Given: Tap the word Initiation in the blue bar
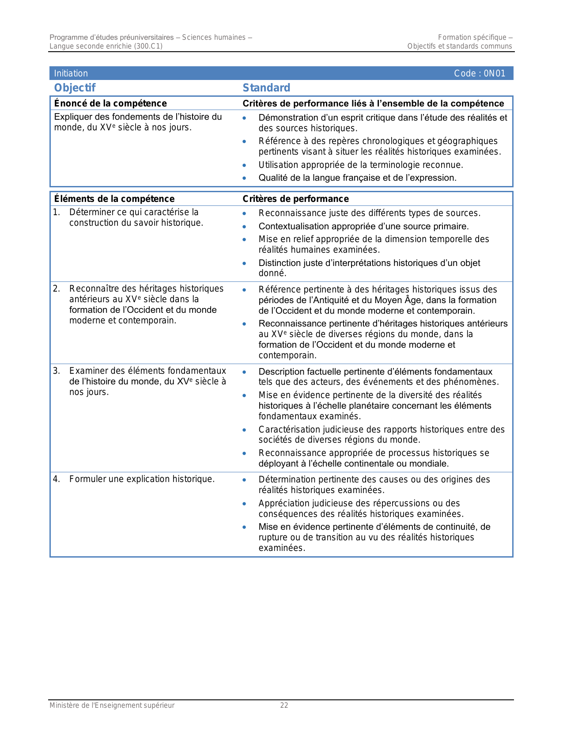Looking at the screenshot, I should tap(71, 73).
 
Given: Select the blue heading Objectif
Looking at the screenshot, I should tap(75, 88).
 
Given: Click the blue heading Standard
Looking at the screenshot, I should tap(266, 88).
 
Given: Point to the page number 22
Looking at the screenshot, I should tap(284, 706).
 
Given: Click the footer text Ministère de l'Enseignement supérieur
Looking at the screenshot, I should tap(112, 706).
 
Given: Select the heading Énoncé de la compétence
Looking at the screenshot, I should tap(110, 103).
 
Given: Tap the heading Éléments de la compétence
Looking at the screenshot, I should tap(114, 199).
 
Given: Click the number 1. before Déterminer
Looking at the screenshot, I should tap(57, 213).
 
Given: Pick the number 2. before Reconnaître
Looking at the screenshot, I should tap(57, 289).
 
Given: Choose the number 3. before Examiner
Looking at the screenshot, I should tap(57, 371).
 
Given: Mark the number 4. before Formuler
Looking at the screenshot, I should tap(57, 479).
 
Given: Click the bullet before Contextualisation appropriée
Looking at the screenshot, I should tap(245, 227).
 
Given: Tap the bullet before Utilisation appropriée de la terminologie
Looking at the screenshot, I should tap(245, 165).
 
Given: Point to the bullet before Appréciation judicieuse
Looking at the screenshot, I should tap(245, 504).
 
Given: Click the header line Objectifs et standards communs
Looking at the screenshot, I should tap(460, 46).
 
